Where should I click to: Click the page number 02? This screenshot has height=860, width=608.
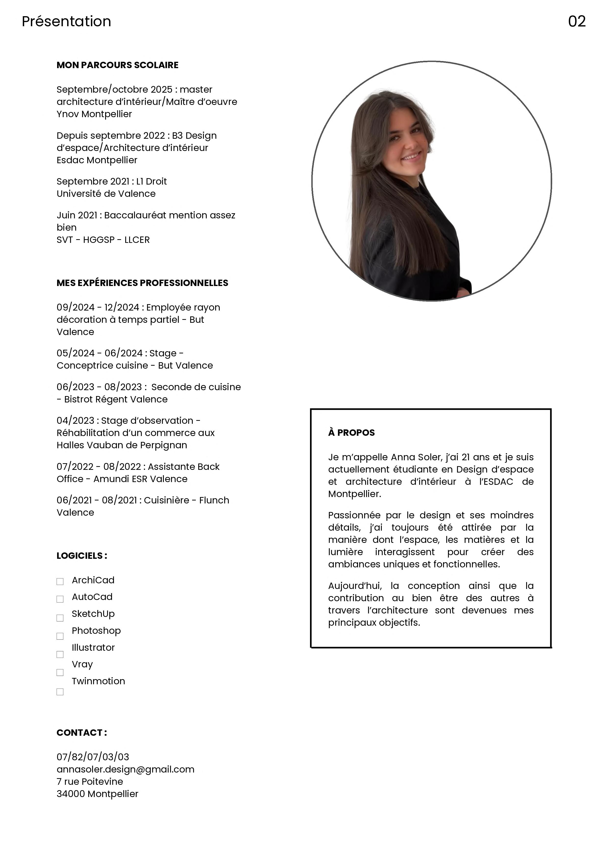(577, 21)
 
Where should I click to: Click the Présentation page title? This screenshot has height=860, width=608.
(66, 21)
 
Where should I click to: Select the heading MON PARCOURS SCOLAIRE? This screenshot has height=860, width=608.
(117, 65)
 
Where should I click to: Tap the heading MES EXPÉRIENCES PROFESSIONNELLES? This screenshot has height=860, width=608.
(142, 283)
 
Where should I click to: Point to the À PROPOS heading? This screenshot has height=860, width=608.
(351, 433)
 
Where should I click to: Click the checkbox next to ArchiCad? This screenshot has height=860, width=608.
(60, 581)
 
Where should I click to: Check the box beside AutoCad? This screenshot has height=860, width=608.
(60, 599)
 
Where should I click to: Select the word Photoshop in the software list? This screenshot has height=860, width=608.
(96, 631)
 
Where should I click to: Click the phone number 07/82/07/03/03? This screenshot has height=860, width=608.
(93, 757)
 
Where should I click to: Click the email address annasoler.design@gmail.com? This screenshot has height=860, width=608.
(125, 769)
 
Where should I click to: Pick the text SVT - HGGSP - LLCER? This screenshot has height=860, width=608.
(103, 240)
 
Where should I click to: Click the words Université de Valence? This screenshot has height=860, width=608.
(106, 194)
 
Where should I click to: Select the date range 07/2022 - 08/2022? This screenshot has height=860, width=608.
(99, 467)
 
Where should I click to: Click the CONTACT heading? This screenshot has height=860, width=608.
(82, 733)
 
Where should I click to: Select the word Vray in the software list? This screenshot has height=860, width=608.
(82, 664)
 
